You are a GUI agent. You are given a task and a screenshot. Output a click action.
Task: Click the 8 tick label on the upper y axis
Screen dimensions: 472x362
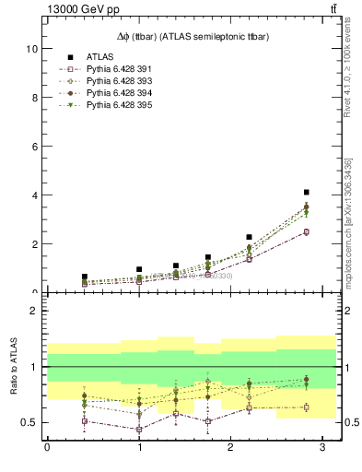(35, 98)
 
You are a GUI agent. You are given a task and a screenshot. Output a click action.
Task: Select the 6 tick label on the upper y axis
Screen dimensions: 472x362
(35, 147)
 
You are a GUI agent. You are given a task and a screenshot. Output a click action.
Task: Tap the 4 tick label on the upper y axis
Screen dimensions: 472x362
(35, 195)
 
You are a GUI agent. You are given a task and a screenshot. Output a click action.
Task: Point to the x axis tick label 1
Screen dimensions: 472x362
(139, 449)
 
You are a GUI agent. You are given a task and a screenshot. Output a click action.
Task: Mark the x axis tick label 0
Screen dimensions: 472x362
(47, 449)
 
